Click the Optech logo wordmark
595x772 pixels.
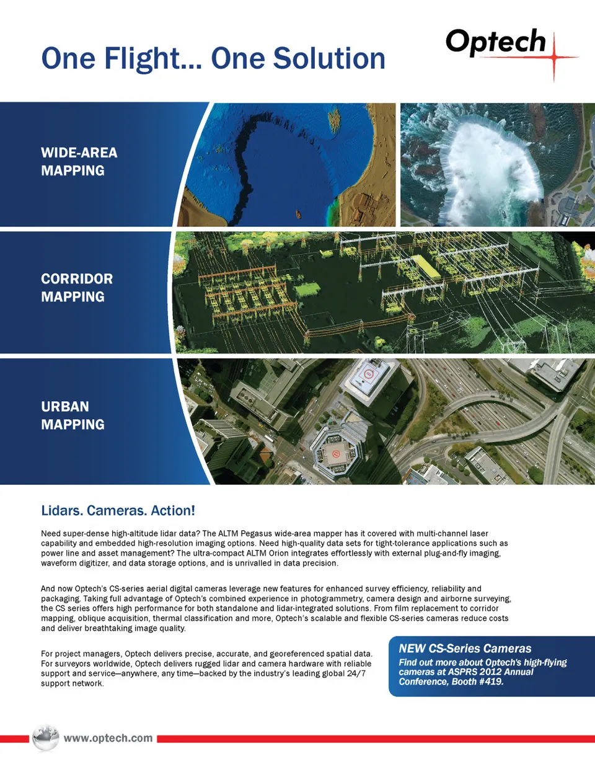(495, 42)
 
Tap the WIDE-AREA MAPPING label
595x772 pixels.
(79, 161)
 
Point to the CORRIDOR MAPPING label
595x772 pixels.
(77, 288)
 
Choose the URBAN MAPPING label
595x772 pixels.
(73, 415)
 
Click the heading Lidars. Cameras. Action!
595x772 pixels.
(118, 510)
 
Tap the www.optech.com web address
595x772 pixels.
(108, 738)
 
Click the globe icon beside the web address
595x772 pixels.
(45, 737)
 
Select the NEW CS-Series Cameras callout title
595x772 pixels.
(465, 649)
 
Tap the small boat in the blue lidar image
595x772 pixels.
(298, 215)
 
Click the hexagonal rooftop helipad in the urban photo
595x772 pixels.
(335, 453)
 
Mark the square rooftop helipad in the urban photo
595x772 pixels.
(369, 374)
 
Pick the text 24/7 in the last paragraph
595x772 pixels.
(356, 673)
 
